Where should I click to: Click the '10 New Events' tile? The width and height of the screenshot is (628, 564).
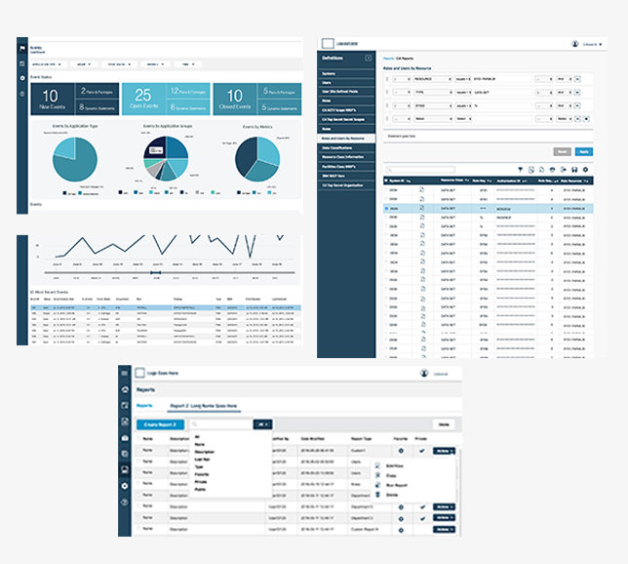(x=54, y=100)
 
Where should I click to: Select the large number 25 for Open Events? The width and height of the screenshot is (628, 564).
(x=143, y=96)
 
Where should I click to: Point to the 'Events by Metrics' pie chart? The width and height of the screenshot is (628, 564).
(x=258, y=159)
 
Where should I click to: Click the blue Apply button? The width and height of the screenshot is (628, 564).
(x=583, y=152)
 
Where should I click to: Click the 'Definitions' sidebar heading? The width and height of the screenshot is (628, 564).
(x=334, y=60)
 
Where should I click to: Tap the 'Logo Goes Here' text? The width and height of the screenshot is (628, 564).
(x=162, y=374)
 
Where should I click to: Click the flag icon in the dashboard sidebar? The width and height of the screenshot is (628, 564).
(x=22, y=48)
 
